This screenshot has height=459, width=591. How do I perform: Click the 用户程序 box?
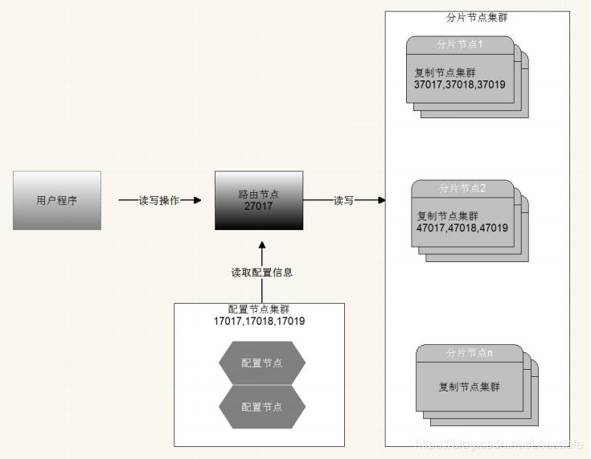(57, 200)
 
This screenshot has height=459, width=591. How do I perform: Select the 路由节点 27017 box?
(259, 200)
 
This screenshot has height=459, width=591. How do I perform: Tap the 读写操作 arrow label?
(159, 200)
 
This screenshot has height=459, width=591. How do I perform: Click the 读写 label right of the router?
(344, 200)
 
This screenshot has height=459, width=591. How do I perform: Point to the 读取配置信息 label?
(262, 273)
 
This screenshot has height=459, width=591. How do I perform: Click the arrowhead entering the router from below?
(262, 236)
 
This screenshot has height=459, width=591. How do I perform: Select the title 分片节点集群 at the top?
(477, 17)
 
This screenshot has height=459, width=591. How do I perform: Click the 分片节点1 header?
(460, 44)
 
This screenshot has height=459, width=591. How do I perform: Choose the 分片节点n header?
(469, 352)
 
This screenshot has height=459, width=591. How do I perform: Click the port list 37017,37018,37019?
(460, 84)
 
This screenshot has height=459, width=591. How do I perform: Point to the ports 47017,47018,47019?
(462, 227)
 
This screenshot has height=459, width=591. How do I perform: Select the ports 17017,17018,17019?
(259, 321)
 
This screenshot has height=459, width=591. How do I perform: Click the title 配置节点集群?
(259, 309)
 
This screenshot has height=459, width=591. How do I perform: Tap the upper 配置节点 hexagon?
(262, 363)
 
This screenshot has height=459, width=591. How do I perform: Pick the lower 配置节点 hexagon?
(262, 407)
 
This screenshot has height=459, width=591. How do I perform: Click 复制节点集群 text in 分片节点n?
(469, 387)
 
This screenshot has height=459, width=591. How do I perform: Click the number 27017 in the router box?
(259, 207)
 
